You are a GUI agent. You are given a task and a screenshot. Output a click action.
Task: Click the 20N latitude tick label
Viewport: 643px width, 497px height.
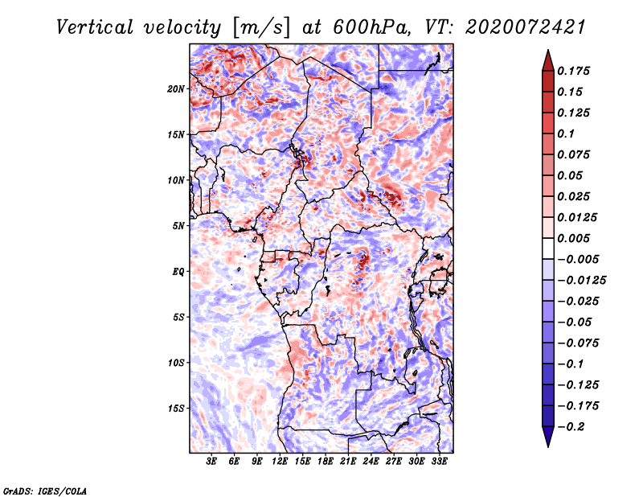coord(176,88)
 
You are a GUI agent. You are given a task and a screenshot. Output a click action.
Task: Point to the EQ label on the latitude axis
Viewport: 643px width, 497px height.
coord(178,272)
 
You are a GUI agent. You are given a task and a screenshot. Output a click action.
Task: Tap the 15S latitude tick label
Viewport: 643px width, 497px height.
coord(176,409)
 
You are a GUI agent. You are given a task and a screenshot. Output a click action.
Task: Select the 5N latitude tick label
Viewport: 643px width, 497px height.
coord(178,226)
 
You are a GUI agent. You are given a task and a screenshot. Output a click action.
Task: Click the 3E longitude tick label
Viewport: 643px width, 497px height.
coord(212,462)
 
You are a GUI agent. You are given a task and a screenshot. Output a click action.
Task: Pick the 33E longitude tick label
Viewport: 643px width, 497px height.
coord(440,462)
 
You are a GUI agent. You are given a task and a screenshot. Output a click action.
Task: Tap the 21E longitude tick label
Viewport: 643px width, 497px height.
coord(348,462)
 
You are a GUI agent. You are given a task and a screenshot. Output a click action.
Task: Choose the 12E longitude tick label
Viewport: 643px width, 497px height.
coord(280,462)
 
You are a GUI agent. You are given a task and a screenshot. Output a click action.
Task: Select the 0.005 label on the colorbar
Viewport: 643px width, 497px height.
coord(575,238)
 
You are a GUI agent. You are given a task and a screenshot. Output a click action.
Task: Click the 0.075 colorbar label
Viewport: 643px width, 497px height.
coord(575,154)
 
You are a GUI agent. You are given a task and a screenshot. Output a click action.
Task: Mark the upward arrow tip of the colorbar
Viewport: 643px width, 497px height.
coord(547,52)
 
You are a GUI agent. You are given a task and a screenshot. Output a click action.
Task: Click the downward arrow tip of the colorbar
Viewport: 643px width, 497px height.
coord(547,444)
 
